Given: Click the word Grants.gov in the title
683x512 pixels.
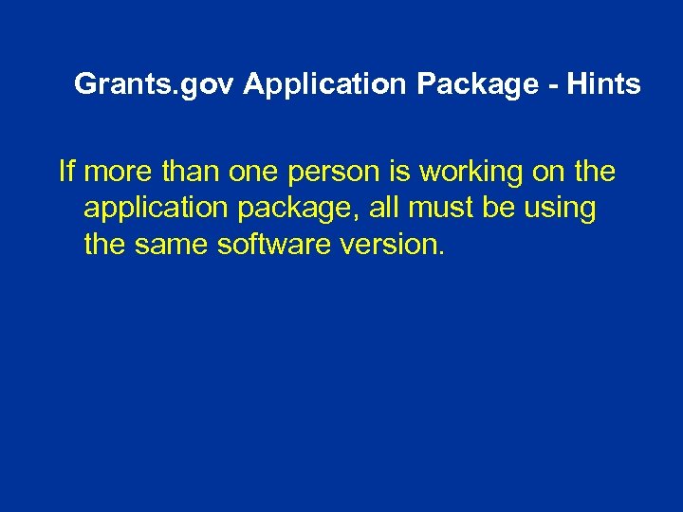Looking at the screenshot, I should (x=155, y=84).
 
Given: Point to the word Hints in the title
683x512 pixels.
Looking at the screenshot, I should (x=605, y=84).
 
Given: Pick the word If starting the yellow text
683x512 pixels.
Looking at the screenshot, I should (x=66, y=172).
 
